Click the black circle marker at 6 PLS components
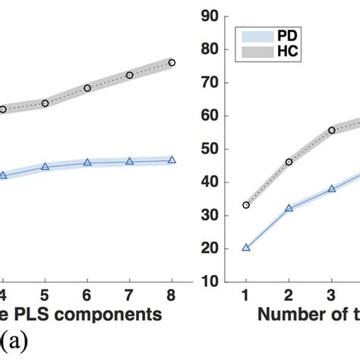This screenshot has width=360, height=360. (87, 88)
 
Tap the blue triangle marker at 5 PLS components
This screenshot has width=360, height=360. (45, 166)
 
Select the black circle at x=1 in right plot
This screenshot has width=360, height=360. (245, 205)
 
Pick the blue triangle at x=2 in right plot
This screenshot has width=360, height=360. (288, 207)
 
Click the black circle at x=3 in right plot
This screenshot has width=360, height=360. (331, 130)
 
